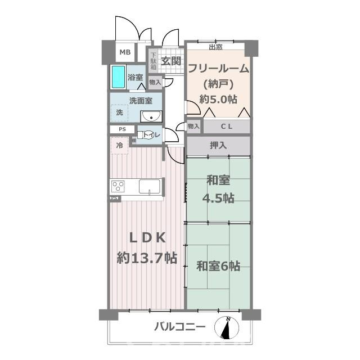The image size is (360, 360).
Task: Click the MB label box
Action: (x=125, y=53)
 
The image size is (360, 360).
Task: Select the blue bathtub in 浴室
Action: (x=118, y=76)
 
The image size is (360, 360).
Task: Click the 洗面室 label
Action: (x=141, y=101)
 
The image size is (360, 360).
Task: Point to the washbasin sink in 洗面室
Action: (x=150, y=116)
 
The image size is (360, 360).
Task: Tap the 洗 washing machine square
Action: (x=119, y=112)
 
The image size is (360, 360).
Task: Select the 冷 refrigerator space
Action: (x=119, y=146)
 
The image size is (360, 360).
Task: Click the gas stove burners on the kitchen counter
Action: (x=118, y=187)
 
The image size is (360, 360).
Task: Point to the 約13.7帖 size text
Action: (x=147, y=258)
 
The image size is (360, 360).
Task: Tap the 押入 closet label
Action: (x=218, y=146)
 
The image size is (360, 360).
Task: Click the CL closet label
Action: (x=227, y=126)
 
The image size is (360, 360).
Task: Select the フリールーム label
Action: (x=218, y=69)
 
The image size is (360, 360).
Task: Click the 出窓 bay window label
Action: (x=215, y=47)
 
